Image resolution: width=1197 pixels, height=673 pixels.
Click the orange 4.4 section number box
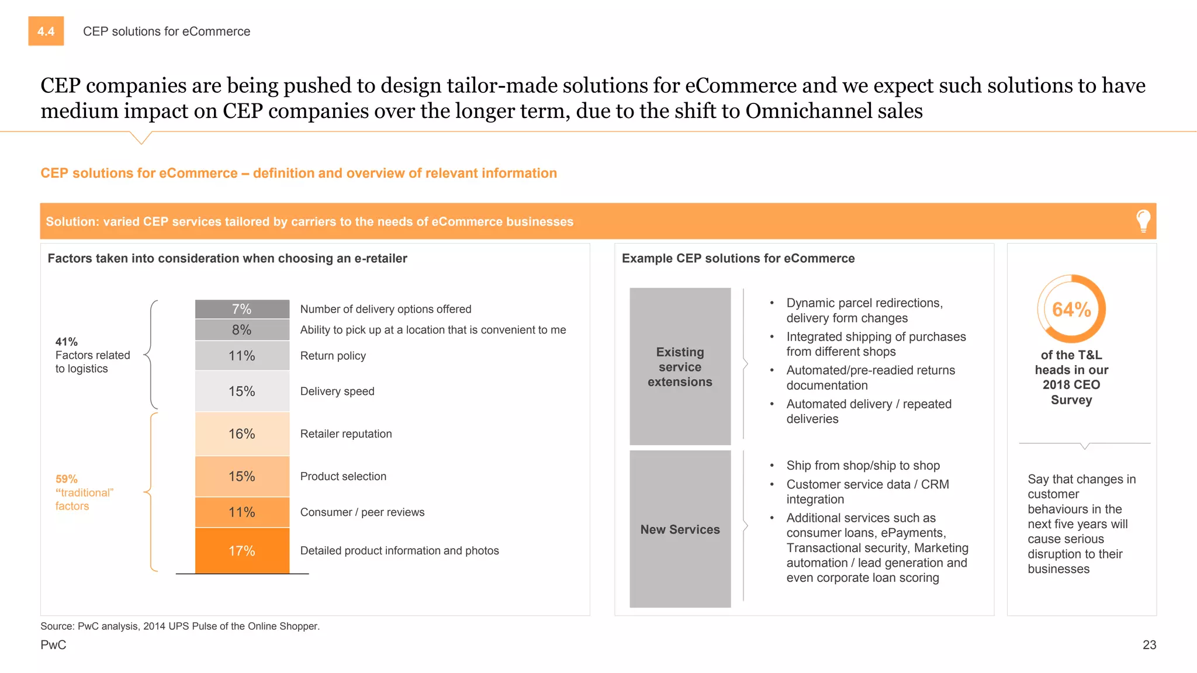click(46, 31)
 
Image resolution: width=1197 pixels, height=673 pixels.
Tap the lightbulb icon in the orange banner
click(1143, 221)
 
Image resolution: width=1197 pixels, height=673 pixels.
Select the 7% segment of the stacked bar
click(242, 309)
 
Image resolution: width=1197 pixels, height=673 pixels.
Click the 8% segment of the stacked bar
click(242, 329)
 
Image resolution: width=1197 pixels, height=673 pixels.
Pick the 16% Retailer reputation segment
click(242, 433)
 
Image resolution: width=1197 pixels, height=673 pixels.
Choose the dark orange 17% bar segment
click(242, 550)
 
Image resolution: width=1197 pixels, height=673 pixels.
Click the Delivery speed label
click(337, 391)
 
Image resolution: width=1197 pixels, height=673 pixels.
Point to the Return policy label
click(333, 356)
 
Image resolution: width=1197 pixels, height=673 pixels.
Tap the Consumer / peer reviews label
click(362, 512)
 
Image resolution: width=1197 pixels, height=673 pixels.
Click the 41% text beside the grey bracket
click(67, 342)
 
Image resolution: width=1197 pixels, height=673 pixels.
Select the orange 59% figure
click(67, 479)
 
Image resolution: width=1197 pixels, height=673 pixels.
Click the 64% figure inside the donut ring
click(1071, 309)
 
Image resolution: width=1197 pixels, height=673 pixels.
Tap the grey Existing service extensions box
click(680, 366)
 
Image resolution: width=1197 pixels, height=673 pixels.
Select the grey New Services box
click(680, 529)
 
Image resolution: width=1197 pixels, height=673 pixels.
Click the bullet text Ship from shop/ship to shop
click(863, 466)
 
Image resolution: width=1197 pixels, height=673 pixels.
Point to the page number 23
click(1149, 644)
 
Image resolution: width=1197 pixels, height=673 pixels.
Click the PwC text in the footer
click(53, 644)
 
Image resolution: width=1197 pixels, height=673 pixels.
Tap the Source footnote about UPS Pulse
click(180, 626)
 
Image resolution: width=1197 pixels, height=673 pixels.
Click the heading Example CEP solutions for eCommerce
click(738, 258)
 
